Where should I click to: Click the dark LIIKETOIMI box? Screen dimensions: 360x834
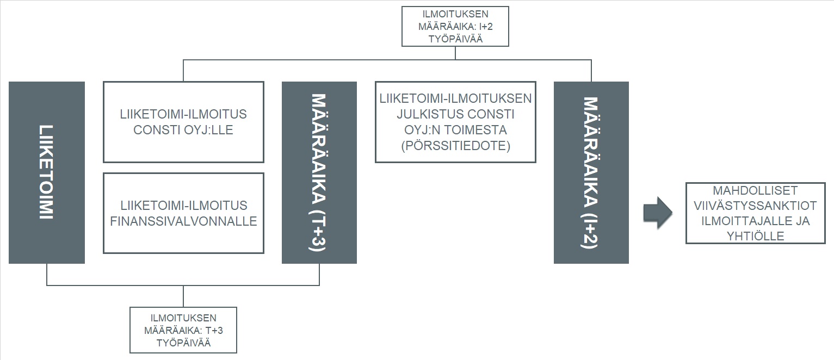click(x=47, y=172)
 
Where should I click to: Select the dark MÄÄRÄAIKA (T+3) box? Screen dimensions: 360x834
click(x=319, y=172)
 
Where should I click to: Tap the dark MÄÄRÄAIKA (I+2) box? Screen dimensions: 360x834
click(x=591, y=172)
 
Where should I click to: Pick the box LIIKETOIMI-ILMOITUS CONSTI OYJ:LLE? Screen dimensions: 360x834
click(x=183, y=122)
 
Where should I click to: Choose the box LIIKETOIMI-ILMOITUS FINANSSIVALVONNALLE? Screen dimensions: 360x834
click(x=183, y=213)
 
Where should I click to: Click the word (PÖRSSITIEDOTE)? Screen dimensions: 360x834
click(x=455, y=146)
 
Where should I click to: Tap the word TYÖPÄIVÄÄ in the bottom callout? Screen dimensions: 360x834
click(x=183, y=343)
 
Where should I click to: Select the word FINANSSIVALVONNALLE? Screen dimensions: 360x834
click(x=183, y=222)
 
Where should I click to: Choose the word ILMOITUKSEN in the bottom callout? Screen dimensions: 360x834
click(x=183, y=318)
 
